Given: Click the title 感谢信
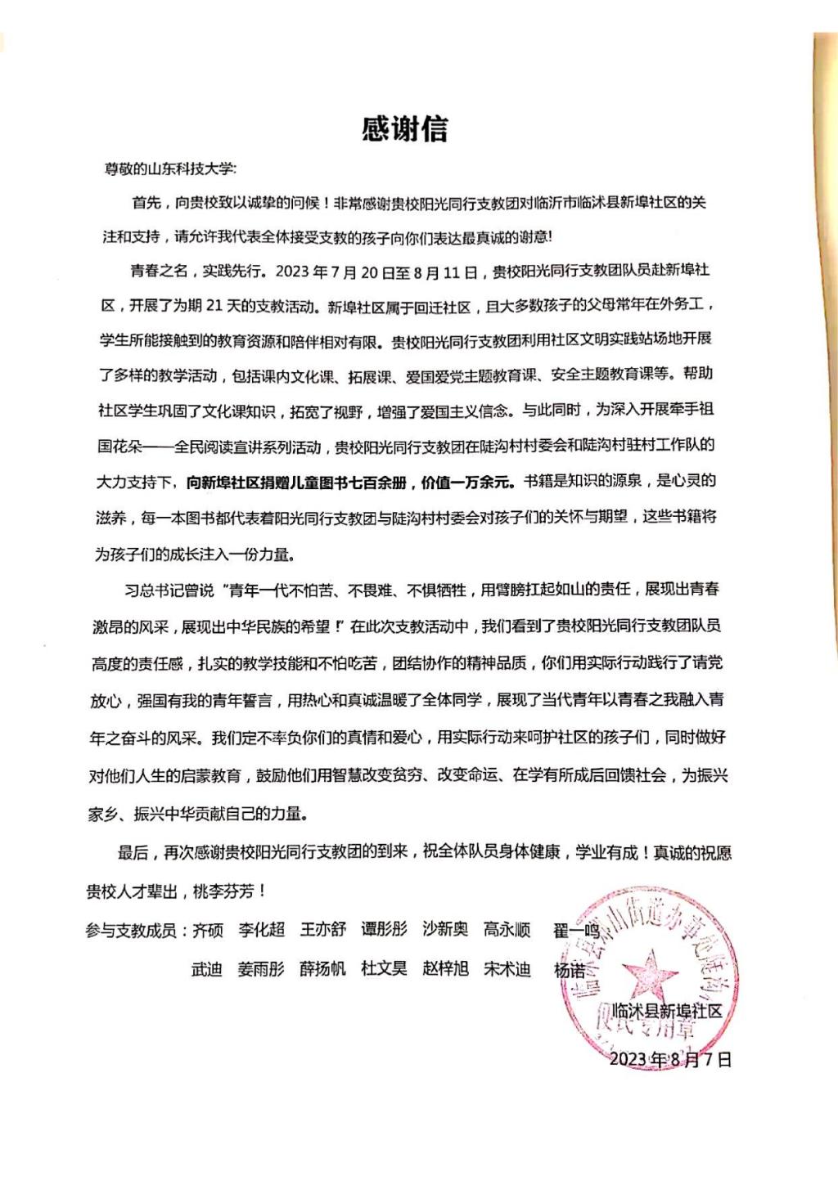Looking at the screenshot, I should tap(405, 129).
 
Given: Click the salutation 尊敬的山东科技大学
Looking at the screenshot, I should tap(169, 169).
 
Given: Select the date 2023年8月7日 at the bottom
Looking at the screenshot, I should tap(670, 1059).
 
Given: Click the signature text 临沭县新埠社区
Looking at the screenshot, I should tap(667, 1011).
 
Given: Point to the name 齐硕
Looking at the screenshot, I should tap(207, 931).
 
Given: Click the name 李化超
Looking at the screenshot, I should tap(261, 931).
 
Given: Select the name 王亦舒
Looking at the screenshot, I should tap(322, 930).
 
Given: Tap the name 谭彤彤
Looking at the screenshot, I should tap(384, 930).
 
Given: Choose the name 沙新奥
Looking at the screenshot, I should tap(445, 929).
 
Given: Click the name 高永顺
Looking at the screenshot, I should tap(507, 929).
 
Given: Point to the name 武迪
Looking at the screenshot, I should tap(206, 970).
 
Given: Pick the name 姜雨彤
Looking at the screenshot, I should tap(261, 970).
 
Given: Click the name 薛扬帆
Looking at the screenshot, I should tap(322, 969).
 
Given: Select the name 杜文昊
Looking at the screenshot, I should tap(384, 969).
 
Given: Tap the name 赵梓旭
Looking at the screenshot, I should tap(445, 969).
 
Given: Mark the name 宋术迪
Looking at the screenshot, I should tap(507, 969).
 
